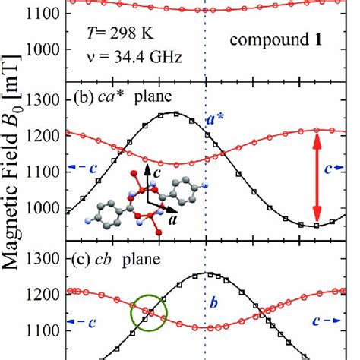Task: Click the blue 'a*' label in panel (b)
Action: click(x=216, y=120)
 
